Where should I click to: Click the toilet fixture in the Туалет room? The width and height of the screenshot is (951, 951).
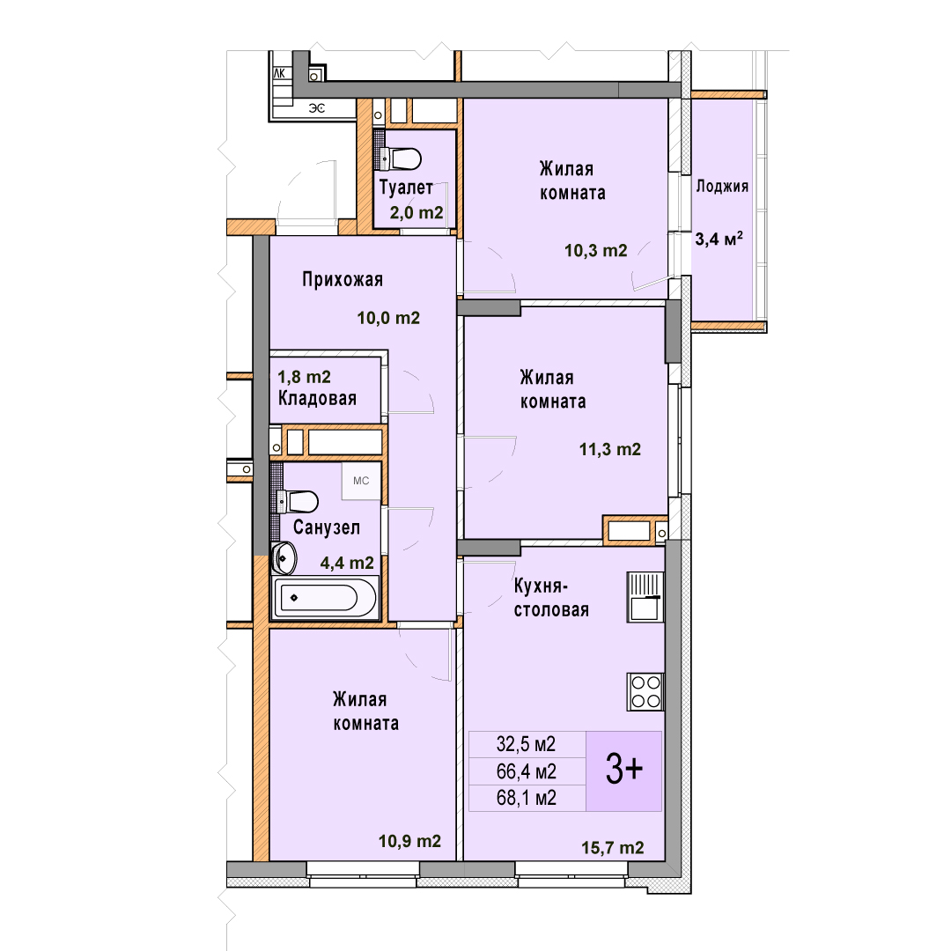[401, 158]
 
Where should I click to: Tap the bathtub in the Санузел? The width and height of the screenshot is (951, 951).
[325, 597]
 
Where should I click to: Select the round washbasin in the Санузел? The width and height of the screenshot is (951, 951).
[284, 558]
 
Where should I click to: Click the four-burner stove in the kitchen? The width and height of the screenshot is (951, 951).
[645, 691]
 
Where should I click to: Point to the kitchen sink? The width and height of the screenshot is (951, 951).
[645, 597]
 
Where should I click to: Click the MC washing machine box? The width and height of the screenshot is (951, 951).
[361, 481]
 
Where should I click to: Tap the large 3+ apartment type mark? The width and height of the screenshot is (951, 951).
[624, 770]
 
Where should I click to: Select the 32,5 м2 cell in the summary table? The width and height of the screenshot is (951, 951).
[526, 743]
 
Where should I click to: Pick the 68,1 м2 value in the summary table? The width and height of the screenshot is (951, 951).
[526, 798]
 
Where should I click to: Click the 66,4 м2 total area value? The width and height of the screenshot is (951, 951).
[526, 771]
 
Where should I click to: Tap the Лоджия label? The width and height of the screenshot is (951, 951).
[722, 186]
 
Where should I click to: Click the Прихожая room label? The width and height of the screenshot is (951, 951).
[343, 280]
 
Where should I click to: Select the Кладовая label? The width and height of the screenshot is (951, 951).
[317, 399]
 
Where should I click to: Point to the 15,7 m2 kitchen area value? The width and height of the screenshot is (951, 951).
[613, 848]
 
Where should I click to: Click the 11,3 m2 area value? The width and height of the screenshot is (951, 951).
[609, 449]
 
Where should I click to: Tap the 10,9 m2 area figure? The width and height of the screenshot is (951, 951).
[409, 841]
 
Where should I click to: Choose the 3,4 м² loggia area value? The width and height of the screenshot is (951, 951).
[719, 239]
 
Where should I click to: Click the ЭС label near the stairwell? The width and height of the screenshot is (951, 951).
[317, 108]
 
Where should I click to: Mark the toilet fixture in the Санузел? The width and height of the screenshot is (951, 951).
[298, 502]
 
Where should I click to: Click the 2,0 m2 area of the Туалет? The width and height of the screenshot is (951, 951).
[416, 213]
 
